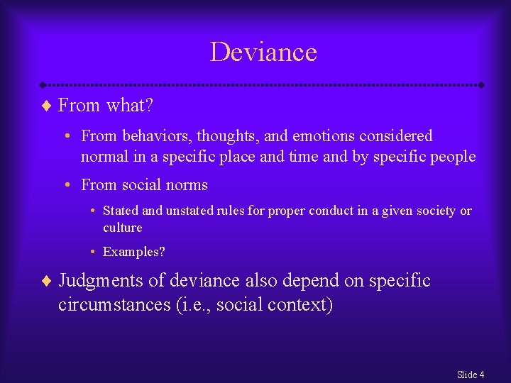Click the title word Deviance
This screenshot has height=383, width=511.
pyautogui.click(x=263, y=52)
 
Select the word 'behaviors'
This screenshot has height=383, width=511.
pyautogui.click(x=150, y=135)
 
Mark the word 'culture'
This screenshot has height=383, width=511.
pyautogui.click(x=123, y=228)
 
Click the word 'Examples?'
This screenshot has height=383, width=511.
pyautogui.click(x=134, y=252)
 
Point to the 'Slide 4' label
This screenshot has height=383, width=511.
pyautogui.click(x=471, y=374)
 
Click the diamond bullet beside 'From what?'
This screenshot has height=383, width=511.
pyautogui.click(x=48, y=106)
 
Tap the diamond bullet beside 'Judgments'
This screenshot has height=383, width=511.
pyautogui.click(x=48, y=282)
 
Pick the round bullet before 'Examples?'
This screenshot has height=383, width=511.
pyautogui.click(x=94, y=252)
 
